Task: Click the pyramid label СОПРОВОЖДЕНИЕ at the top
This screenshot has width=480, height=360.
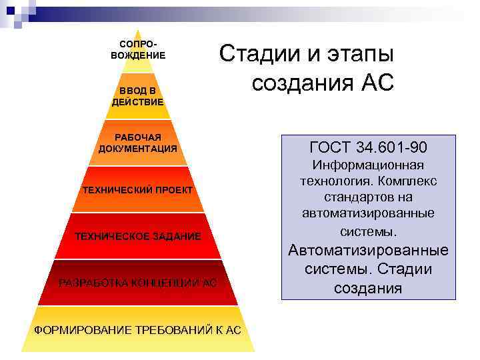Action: coord(138,49)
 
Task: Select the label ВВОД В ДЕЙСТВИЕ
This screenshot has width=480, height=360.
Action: coord(138,96)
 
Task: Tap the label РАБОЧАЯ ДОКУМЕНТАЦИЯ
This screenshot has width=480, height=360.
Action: coord(138,143)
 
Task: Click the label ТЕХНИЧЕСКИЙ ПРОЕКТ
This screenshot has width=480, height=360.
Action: coord(138,190)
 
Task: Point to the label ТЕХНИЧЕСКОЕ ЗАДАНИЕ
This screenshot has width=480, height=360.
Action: coord(138,237)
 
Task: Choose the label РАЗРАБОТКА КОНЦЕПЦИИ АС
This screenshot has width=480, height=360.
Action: coord(138,283)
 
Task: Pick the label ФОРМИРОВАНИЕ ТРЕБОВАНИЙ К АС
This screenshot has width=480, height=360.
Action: coord(138,330)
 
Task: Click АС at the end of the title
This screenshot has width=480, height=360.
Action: coord(377,83)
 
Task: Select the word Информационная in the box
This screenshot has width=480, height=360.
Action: coord(369,165)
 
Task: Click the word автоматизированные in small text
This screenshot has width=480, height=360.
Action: coord(369,213)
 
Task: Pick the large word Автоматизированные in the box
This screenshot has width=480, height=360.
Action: coord(369,251)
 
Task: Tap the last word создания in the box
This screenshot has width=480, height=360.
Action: coord(369,288)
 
